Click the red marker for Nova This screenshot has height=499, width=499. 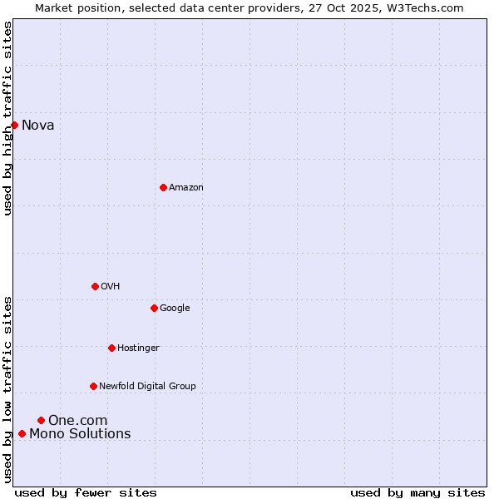point(14,125)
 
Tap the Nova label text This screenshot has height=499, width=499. point(37,126)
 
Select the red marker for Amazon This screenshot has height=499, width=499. point(163,187)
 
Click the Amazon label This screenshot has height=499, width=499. point(185,188)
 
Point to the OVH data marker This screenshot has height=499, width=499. point(95,286)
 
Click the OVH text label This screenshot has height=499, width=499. point(110,287)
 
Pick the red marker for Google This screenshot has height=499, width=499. point(154,308)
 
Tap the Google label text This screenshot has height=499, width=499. point(175,309)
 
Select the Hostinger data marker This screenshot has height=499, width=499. point(111,348)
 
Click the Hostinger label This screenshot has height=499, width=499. point(138,348)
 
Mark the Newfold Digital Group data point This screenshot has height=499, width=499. point(93,386)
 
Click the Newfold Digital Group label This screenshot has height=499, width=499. point(147,387)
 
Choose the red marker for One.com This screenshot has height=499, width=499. point(41,420)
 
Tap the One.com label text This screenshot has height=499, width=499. point(77,421)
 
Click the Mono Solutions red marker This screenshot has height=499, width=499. point(22,433)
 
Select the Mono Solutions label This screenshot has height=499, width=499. point(80,434)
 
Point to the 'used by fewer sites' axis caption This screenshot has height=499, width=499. point(86,492)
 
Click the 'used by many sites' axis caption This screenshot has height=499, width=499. point(417,492)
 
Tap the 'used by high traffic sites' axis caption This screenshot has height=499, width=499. point(8,118)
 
